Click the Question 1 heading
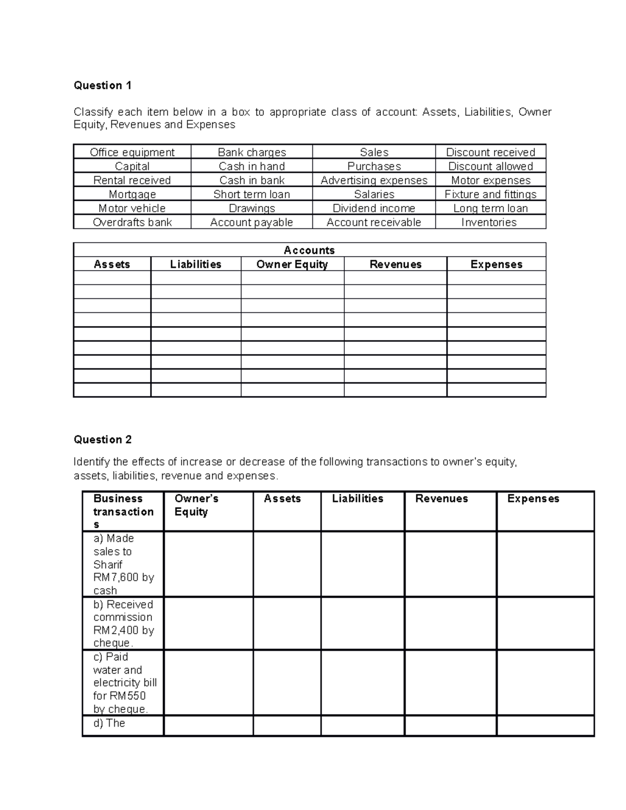click(103, 86)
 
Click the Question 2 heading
click(103, 440)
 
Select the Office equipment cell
click(132, 152)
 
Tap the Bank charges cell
click(251, 152)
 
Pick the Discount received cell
click(490, 152)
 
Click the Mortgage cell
click(132, 195)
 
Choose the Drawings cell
click(251, 209)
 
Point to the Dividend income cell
click(374, 209)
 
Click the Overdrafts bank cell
click(132, 223)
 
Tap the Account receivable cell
click(374, 223)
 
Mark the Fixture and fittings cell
click(490, 195)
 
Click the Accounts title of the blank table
click(309, 250)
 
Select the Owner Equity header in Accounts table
click(292, 264)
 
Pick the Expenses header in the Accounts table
click(496, 264)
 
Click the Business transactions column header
click(123, 511)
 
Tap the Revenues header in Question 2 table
click(441, 499)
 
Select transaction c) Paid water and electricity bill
click(124, 683)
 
